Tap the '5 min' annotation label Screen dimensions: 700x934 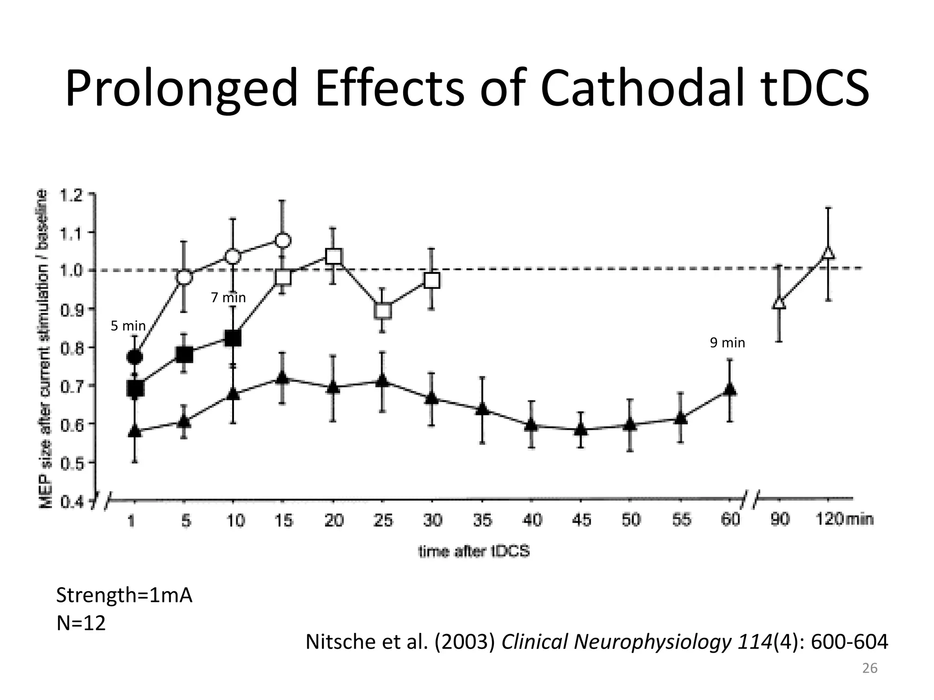point(128,326)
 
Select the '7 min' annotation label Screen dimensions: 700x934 point(228,298)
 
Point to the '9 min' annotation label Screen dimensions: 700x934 point(727,343)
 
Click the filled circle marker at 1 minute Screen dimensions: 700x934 point(135,357)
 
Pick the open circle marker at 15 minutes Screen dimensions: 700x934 point(283,240)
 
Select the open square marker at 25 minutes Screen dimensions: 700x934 point(383,311)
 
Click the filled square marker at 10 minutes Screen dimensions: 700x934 point(233,338)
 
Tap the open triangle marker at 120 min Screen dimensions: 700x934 point(828,252)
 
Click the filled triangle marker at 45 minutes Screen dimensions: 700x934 point(580,428)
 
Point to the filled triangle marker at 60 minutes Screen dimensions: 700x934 point(730,389)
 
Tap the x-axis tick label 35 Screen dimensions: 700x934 point(482,520)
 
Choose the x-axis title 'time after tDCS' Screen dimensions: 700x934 point(474,551)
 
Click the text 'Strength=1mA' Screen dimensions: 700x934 point(124,595)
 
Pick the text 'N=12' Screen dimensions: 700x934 point(81,623)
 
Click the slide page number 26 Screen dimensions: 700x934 point(870,668)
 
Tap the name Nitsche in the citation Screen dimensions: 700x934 point(337,642)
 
